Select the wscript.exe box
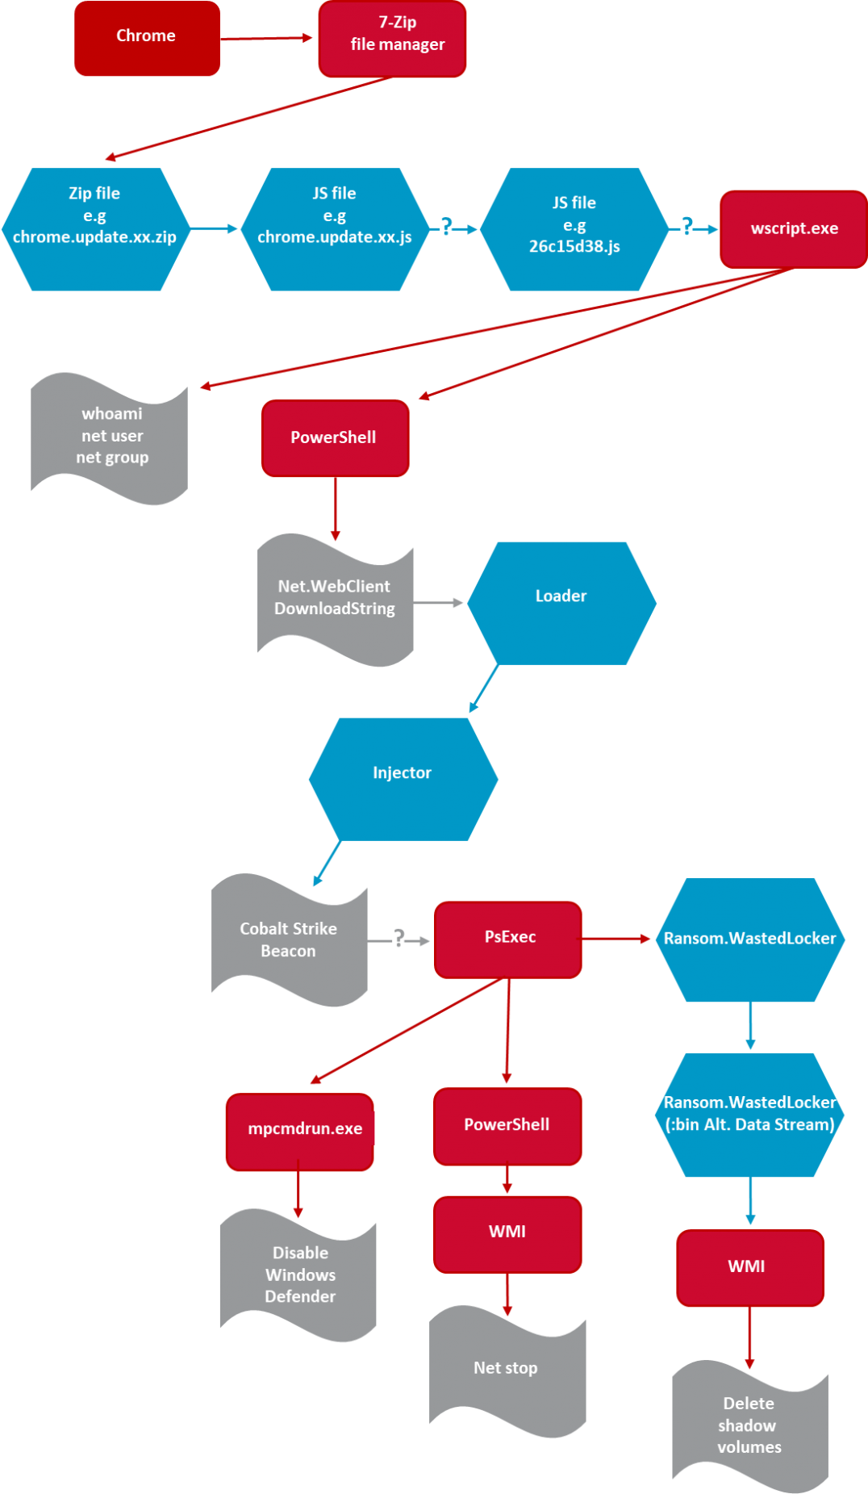point(793,229)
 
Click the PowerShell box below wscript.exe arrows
point(335,437)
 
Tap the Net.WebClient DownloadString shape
point(335,599)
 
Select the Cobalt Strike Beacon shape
point(289,940)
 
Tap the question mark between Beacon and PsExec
point(399,938)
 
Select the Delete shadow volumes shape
point(749,1425)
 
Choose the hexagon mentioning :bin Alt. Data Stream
point(750,1115)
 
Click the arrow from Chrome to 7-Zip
point(267,38)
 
